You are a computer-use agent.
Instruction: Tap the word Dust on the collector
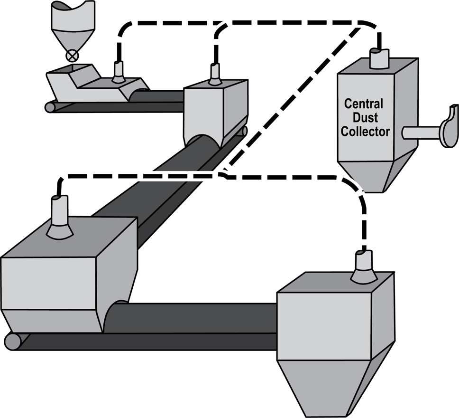(x=363, y=117)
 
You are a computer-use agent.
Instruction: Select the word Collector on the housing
(x=365, y=131)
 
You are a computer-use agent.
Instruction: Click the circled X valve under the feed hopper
(x=72, y=56)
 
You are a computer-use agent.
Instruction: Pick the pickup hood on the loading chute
(x=117, y=73)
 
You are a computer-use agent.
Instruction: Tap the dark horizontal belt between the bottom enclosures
(x=199, y=316)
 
